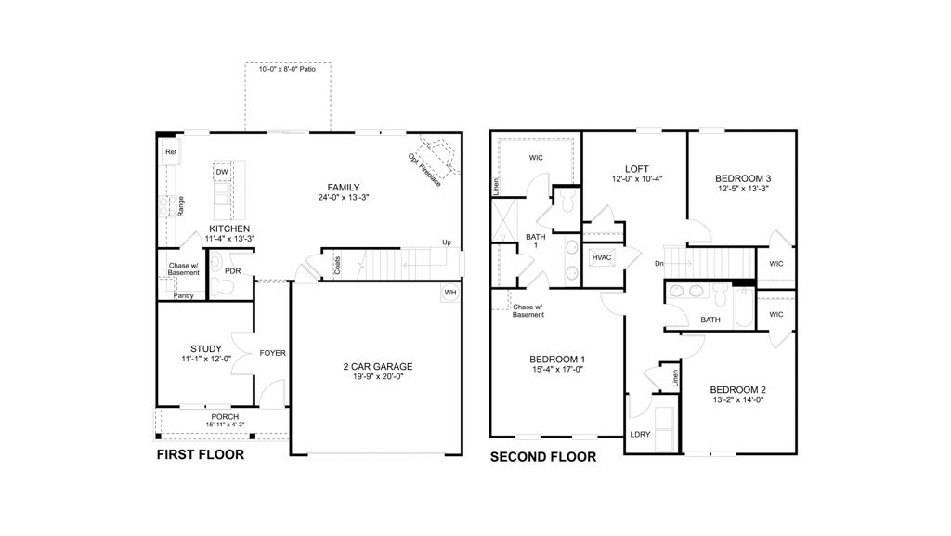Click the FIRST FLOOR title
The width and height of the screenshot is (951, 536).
200,455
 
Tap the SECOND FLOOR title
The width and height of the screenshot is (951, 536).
542,457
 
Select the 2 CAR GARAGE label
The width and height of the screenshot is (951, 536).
377,367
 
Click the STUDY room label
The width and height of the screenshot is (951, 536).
205,349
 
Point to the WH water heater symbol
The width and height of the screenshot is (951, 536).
450,293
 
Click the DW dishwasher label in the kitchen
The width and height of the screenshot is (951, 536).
222,173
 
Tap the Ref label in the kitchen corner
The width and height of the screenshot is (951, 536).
171,152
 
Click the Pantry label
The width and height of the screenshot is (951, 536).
184,295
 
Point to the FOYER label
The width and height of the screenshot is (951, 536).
272,353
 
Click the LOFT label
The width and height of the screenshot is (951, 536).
637,168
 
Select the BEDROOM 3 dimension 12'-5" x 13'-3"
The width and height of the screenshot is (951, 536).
742,189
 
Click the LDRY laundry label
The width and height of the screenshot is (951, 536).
640,434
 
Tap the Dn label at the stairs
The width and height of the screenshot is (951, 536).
659,263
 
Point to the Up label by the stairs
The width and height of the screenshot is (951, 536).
447,242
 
